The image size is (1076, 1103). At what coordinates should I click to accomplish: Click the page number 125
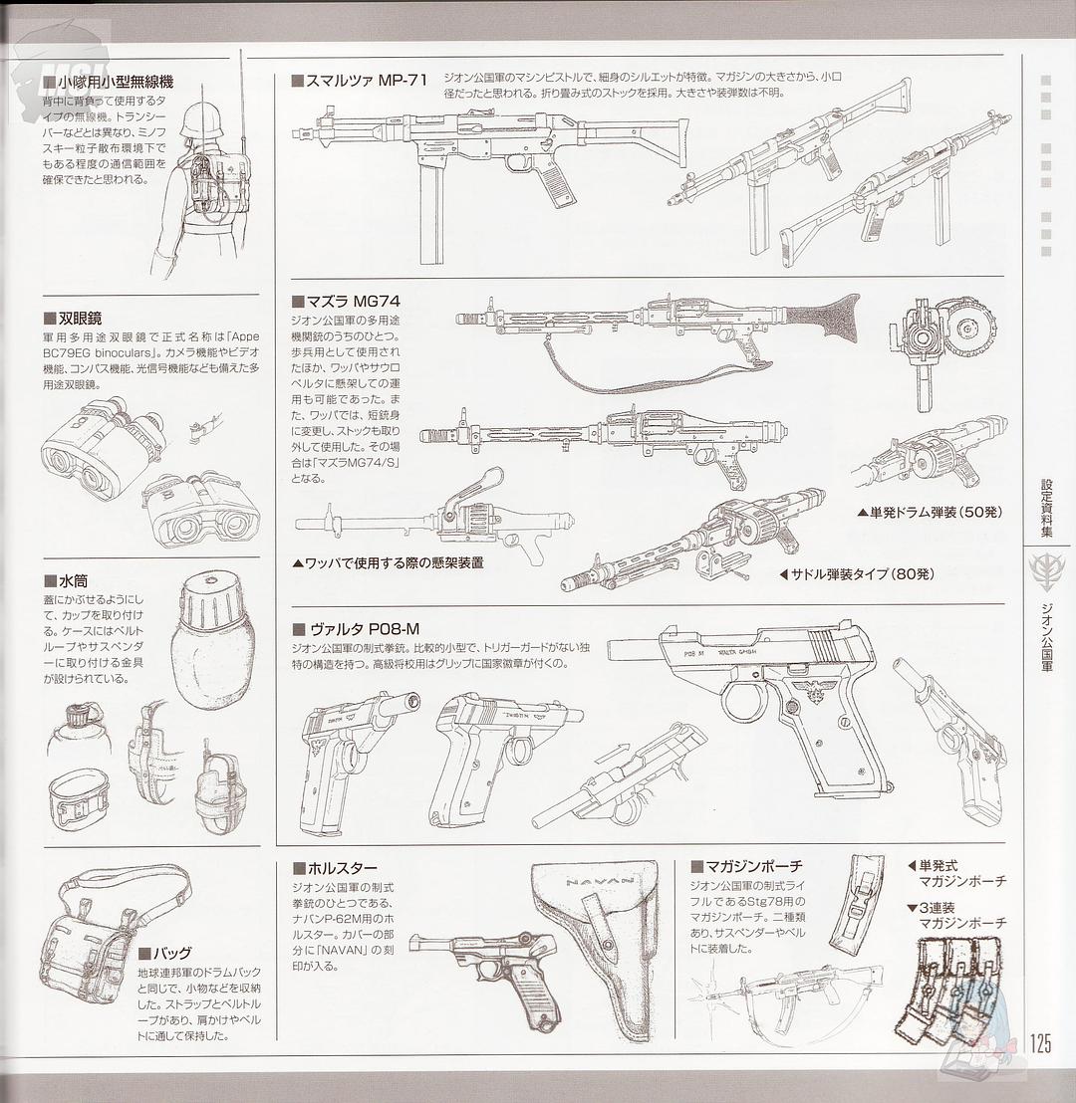(x=1040, y=1043)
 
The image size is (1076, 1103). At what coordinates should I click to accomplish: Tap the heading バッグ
(x=170, y=953)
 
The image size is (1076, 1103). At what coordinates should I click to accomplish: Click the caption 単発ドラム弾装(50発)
(x=930, y=512)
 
